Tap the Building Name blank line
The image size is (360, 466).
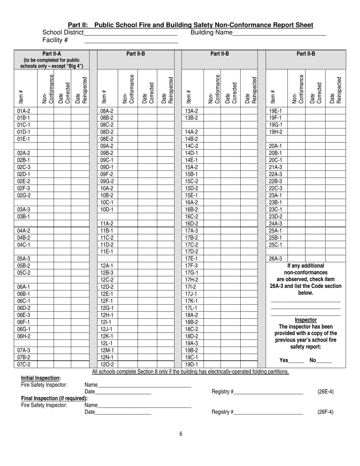coord(279,33)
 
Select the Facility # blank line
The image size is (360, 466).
coord(131,41)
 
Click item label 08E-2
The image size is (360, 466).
coord(107,139)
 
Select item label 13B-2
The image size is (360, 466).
coord(192,118)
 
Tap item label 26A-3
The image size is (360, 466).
coord(275,259)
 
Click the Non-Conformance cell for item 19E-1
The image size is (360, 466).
coord(296,111)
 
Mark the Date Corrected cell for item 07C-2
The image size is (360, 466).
coord(62,364)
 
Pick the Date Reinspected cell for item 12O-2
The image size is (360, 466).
coord(166,364)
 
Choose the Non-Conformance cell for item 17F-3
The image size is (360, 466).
coord(211,266)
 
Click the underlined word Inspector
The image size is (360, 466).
coord(305,320)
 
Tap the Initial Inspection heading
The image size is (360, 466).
coord(41,378)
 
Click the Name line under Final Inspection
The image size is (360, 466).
coord(144,406)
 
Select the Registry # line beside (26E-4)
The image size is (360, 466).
coord(268,392)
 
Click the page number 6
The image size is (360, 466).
coord(181,434)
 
